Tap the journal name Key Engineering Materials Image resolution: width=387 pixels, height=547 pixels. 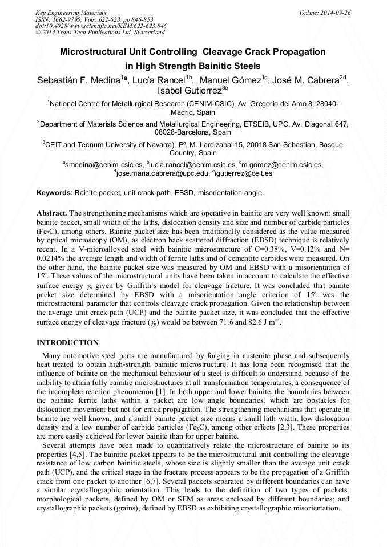click(x=70, y=13)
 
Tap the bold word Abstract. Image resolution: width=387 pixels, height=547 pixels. click(x=51, y=212)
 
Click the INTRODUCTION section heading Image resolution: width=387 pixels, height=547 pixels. click(x=67, y=343)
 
